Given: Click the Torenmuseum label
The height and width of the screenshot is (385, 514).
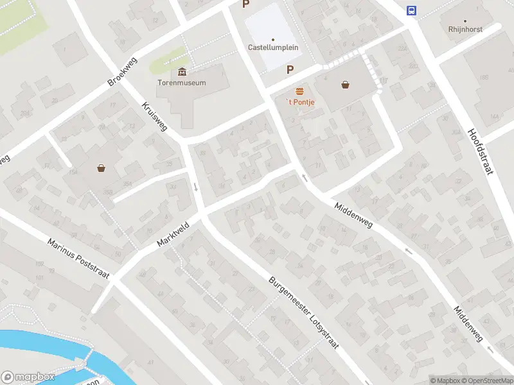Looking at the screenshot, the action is tap(182, 82).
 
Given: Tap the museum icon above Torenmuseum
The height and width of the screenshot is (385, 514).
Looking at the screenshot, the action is tap(182, 71).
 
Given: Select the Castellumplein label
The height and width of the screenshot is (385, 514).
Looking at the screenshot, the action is tap(272, 47).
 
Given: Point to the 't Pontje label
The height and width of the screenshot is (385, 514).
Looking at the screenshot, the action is tap(299, 103).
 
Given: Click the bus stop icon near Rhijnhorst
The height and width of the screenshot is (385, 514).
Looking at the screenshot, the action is tap(411, 10).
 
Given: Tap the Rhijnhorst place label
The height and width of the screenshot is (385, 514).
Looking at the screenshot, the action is tap(465, 29).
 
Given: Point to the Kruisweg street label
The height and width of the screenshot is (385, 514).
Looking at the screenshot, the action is tap(154, 116).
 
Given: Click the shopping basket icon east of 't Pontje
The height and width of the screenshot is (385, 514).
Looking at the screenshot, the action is tap(346, 84).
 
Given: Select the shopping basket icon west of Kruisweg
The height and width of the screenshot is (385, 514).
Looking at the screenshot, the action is tap(102, 169).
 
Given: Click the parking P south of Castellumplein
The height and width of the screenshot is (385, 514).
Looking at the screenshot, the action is tap(290, 69).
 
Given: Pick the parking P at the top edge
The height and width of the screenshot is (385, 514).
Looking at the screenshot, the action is tap(245, 4).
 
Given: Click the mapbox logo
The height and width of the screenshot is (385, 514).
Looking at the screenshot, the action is tap(28, 377).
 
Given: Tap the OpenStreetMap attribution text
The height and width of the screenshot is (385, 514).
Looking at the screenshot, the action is tap(485, 381).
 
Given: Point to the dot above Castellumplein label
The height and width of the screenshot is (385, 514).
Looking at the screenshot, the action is tap(272, 39).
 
